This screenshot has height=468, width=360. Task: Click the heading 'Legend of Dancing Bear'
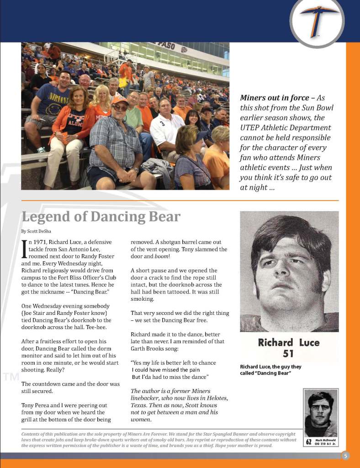(x=101, y=217)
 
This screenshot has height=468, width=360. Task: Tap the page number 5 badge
(x=346, y=455)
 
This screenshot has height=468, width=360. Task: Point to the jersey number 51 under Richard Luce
(x=288, y=353)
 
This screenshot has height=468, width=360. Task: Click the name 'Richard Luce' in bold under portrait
(x=289, y=342)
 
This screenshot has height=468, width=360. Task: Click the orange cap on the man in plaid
(x=120, y=99)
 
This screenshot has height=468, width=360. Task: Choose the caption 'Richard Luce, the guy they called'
(x=270, y=370)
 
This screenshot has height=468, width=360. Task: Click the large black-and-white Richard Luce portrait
(x=289, y=271)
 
